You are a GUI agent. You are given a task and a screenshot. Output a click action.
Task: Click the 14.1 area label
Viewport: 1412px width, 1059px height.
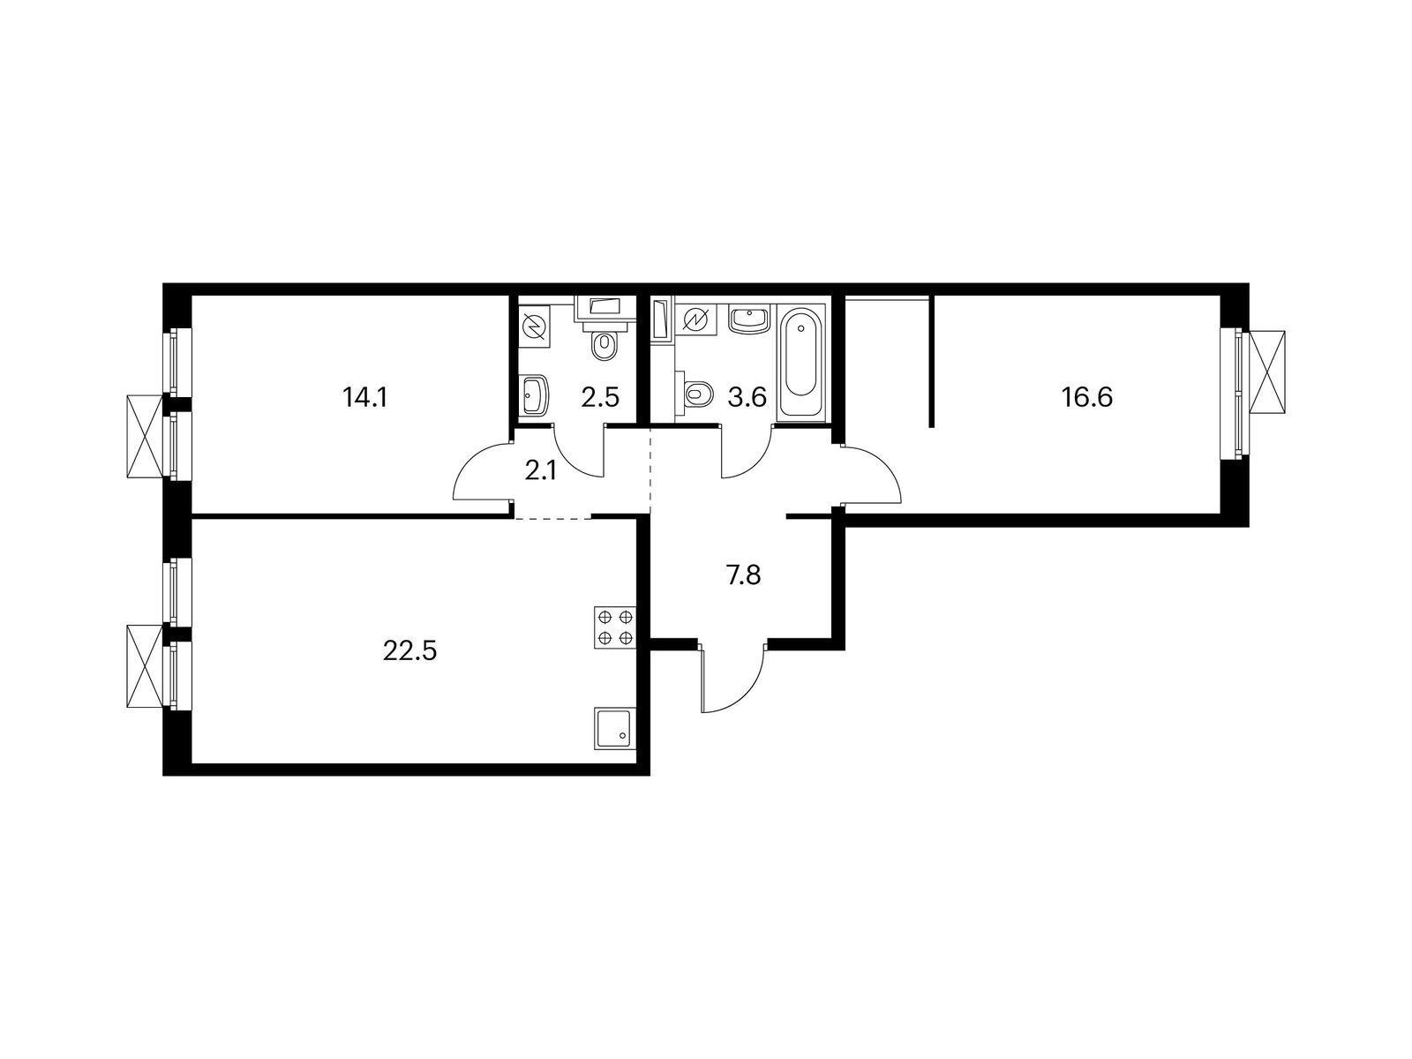click(364, 399)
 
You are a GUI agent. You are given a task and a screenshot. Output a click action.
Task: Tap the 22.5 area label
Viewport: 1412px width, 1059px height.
click(409, 651)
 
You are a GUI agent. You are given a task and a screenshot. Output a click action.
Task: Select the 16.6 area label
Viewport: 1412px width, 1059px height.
click(1086, 398)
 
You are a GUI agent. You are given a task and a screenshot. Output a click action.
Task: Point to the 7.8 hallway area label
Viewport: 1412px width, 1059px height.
click(744, 575)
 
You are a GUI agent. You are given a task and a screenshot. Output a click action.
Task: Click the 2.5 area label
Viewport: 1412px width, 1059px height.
click(599, 398)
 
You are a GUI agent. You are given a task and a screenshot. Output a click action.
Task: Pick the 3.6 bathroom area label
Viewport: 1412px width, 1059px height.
click(747, 398)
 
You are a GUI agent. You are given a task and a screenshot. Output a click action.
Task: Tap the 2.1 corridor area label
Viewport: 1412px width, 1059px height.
click(540, 472)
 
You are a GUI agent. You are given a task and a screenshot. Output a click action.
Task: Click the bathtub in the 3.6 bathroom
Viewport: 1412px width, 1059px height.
click(801, 364)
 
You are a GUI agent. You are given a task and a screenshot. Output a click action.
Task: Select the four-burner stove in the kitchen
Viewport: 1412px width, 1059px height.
click(615, 627)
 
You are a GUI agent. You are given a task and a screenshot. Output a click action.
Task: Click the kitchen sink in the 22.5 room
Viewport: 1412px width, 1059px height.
click(615, 728)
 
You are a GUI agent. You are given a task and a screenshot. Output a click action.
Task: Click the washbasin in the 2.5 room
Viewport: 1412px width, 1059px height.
click(535, 394)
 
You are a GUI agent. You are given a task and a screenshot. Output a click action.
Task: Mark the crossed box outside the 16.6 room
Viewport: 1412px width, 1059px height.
click(1266, 372)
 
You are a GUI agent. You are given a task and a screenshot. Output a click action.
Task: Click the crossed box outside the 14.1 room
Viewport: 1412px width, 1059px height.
click(145, 436)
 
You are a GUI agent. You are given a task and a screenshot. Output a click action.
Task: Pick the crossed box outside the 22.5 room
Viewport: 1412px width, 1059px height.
click(145, 666)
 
